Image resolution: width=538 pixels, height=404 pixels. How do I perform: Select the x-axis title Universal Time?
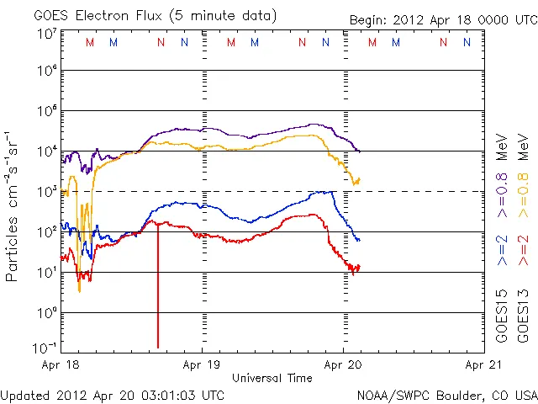[272, 378]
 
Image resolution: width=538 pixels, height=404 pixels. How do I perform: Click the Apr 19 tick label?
[202, 366]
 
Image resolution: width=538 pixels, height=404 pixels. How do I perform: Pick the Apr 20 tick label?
[344, 366]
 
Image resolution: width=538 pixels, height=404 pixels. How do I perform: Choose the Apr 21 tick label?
[485, 366]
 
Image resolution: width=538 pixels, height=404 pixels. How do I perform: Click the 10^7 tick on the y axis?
[46, 34]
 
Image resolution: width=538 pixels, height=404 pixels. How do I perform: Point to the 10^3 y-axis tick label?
[46, 191]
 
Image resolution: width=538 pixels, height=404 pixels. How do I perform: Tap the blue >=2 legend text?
[502, 250]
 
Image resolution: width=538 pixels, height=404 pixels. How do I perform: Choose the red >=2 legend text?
[521, 250]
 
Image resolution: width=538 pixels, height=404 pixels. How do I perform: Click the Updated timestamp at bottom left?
[113, 395]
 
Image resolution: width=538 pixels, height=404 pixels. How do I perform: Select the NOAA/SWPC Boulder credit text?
[446, 395]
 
